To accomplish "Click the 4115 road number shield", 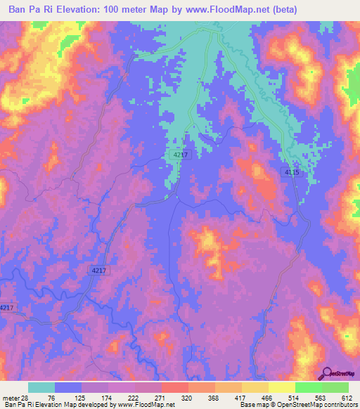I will coord(292,171).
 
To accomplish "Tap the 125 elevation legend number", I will coord(89,397).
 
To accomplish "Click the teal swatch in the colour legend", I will coord(41,387).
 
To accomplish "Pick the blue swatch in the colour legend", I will coord(68,387).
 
